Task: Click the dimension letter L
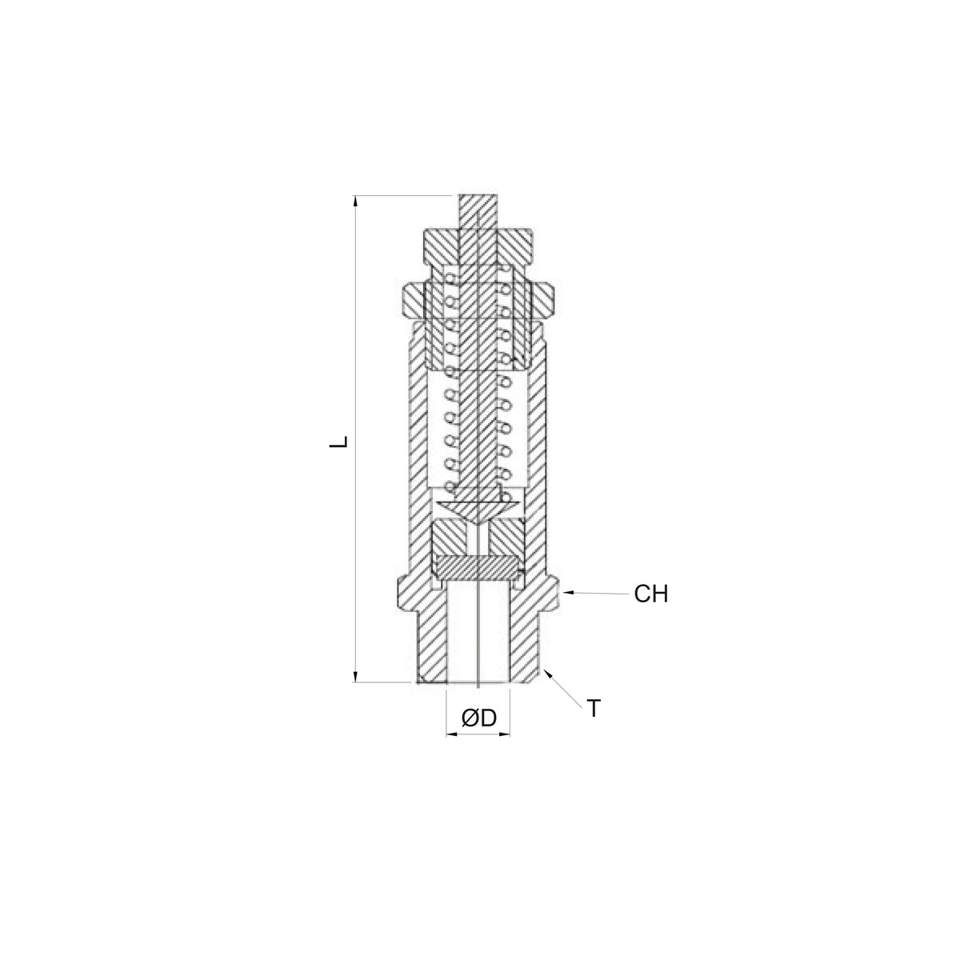[338, 442]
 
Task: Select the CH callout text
[650, 594]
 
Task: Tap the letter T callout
[594, 709]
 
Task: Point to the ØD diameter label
[479, 718]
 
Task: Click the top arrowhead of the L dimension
[355, 201]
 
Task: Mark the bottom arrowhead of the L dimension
[355, 676]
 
